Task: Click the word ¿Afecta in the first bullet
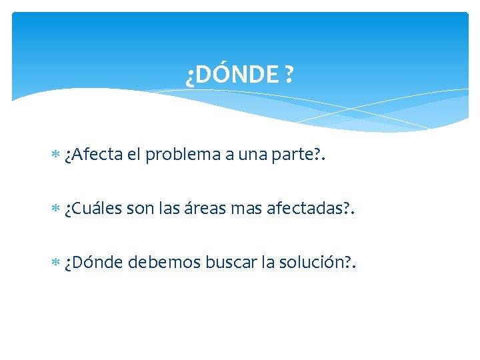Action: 94,155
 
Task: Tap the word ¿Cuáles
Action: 93,209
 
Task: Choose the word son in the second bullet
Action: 139,209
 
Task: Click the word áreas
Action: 203,209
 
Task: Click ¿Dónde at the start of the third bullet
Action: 93,263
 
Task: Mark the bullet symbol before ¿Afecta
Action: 55,156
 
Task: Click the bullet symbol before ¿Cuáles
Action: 55,210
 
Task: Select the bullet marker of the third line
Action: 55,264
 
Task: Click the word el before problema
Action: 133,155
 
